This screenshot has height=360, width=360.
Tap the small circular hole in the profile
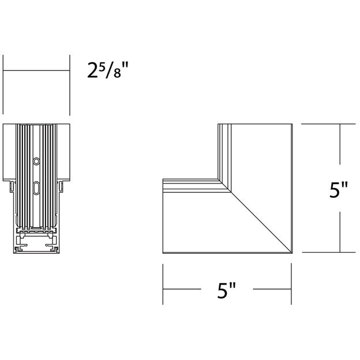[x=36, y=161]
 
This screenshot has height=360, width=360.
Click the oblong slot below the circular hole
[x=36, y=187]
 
